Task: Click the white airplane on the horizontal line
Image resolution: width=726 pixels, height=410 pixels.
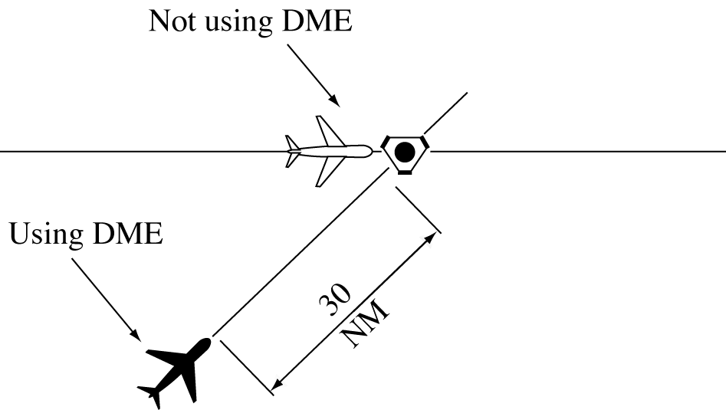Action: click(328, 151)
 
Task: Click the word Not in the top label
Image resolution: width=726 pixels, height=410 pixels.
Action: click(172, 22)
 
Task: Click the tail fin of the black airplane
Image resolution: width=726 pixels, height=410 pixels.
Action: click(150, 394)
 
